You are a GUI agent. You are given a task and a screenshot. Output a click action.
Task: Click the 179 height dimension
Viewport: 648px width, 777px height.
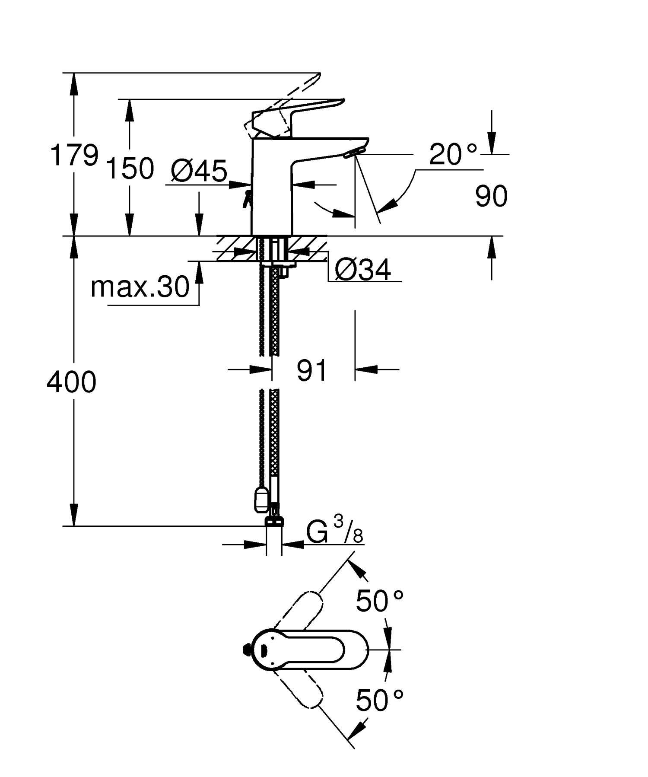[x=74, y=155]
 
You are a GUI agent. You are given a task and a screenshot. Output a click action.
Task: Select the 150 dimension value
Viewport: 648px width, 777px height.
[x=130, y=169]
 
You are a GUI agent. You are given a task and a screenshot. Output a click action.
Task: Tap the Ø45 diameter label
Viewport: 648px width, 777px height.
[x=198, y=171]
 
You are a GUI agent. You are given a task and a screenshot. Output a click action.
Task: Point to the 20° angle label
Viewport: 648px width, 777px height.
[x=453, y=154]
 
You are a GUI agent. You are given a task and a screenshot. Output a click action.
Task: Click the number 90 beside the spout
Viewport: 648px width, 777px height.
[x=491, y=197]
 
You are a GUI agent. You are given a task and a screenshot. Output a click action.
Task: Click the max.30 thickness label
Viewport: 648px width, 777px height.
[x=140, y=287]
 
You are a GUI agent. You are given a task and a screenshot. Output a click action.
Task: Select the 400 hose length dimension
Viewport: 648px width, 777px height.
[x=71, y=382]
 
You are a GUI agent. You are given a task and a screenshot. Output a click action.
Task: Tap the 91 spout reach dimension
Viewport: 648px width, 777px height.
[x=312, y=370]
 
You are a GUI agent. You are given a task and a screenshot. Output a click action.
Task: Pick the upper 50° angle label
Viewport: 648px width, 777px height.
[x=379, y=600]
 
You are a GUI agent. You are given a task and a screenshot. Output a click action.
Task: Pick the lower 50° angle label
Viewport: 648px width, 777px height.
[x=379, y=700]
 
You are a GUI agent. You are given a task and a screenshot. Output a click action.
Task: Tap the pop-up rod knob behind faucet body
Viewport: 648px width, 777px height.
[x=248, y=199]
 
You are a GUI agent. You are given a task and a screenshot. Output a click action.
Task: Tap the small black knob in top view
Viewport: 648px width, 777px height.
[x=246, y=649]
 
